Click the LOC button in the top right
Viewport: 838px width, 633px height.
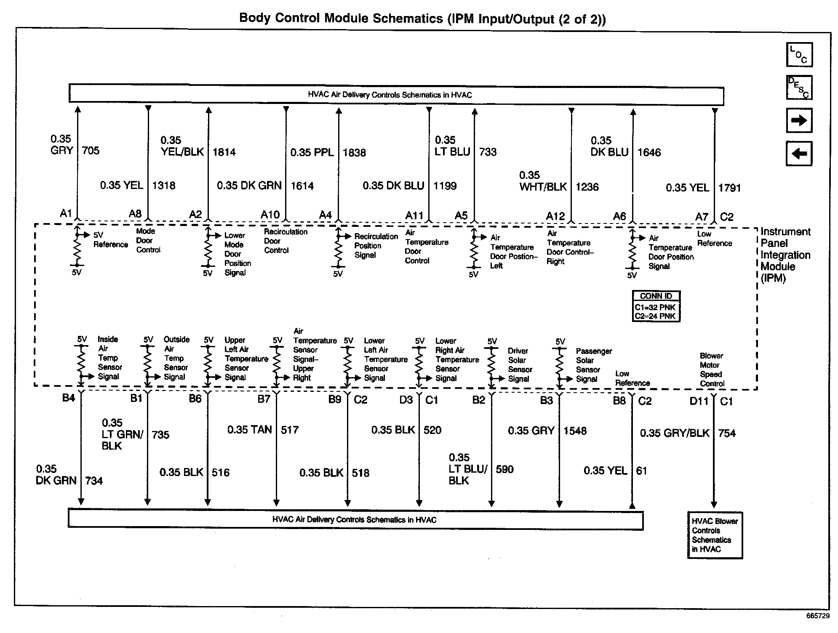pyautogui.click(x=799, y=55)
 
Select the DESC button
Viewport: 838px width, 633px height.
pyautogui.click(x=799, y=88)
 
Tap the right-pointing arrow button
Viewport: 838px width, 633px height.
pyautogui.click(x=799, y=120)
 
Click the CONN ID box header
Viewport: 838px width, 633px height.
pyautogui.click(x=656, y=296)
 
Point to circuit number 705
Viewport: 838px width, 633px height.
pyautogui.click(x=91, y=151)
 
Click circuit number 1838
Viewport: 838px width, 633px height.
pyautogui.click(x=354, y=152)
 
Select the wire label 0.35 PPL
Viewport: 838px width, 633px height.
pyautogui.click(x=312, y=152)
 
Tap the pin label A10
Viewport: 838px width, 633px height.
pyautogui.click(x=270, y=215)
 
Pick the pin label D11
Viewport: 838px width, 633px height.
pyautogui.click(x=699, y=401)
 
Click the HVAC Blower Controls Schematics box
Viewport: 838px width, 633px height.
pyautogui.click(x=715, y=535)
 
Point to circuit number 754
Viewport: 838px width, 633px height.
pyautogui.click(x=727, y=433)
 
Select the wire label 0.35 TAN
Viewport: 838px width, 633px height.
pyautogui.click(x=249, y=430)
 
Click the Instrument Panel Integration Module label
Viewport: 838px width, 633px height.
pyautogui.click(x=785, y=255)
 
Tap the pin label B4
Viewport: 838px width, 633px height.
pyautogui.click(x=68, y=398)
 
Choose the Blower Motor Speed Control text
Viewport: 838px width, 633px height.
pyautogui.click(x=712, y=370)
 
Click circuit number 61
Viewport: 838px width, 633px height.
pyautogui.click(x=641, y=471)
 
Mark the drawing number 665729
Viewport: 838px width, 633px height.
pyautogui.click(x=818, y=616)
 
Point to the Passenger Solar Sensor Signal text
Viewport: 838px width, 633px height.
pyautogui.click(x=593, y=365)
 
